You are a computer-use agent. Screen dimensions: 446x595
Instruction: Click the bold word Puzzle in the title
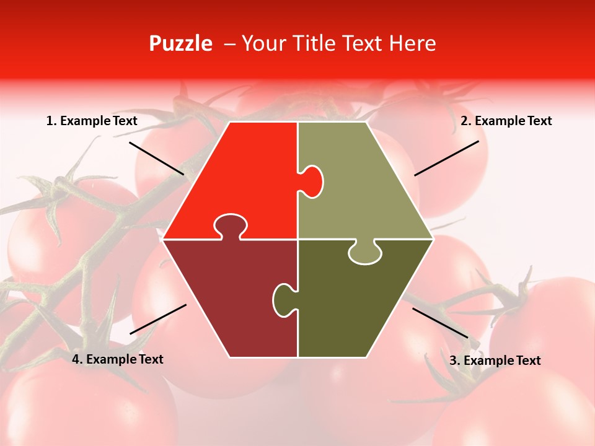[180, 43]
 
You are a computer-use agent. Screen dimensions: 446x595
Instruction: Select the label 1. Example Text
[92, 121]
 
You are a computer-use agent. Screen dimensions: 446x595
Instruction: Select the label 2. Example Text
[506, 121]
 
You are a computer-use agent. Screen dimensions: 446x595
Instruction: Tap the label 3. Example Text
[495, 361]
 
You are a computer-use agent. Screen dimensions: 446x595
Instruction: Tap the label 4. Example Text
[118, 359]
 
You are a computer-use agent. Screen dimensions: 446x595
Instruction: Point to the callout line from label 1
[157, 158]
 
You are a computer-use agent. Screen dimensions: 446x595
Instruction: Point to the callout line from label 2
[446, 158]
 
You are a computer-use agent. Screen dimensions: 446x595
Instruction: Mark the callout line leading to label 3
[440, 323]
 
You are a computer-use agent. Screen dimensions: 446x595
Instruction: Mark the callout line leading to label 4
[158, 319]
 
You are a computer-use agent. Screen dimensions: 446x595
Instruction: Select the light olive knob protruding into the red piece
[312, 180]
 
